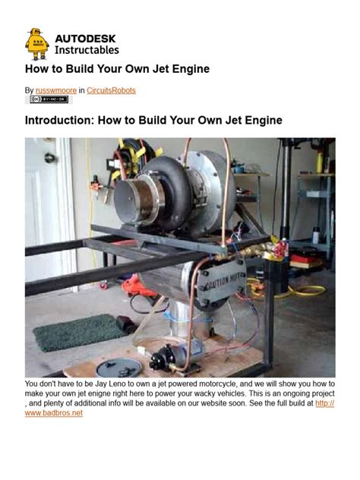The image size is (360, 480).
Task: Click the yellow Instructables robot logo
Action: tap(36, 44)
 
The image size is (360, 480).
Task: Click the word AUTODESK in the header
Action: tap(87, 37)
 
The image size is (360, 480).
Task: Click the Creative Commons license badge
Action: tap(49, 99)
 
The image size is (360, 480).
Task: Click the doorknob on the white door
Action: tap(49, 158)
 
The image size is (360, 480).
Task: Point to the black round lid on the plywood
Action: tap(120, 368)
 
